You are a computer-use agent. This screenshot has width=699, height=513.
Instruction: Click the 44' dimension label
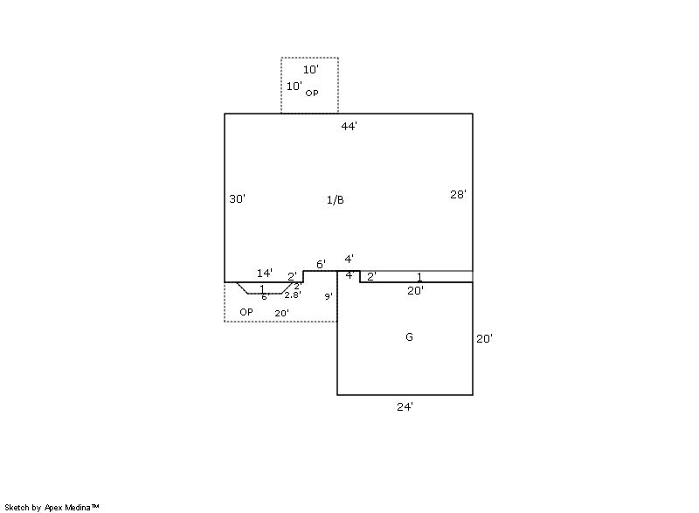point(349,127)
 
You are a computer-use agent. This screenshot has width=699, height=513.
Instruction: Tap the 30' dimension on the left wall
point(237,199)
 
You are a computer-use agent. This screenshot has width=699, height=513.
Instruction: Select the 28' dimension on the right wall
point(458,194)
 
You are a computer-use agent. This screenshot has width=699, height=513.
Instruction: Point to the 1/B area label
point(336,200)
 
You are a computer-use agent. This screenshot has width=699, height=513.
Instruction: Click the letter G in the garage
point(409,337)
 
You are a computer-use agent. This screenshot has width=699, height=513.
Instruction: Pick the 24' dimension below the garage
point(405,406)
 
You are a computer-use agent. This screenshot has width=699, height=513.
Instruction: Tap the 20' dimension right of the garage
point(484,339)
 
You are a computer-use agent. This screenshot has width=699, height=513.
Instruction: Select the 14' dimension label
point(265,273)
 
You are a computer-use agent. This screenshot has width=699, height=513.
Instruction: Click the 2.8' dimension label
point(293,295)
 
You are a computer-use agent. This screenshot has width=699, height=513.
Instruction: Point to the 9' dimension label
point(329,296)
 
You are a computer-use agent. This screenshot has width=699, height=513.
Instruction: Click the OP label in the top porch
point(312,94)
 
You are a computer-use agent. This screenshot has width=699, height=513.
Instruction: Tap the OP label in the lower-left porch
point(246,312)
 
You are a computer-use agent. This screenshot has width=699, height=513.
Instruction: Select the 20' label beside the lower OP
point(281,314)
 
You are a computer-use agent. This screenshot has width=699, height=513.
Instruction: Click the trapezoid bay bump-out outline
point(265,294)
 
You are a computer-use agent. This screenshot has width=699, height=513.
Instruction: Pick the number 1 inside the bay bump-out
point(262,288)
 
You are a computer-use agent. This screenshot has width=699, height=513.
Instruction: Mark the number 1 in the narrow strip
point(419,277)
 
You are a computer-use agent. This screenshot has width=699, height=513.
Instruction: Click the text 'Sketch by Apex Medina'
point(52,507)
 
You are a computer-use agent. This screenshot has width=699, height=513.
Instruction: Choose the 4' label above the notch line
point(349,259)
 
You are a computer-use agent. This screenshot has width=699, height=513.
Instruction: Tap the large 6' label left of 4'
point(321,264)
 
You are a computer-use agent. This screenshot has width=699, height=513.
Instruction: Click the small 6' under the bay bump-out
point(266,297)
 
